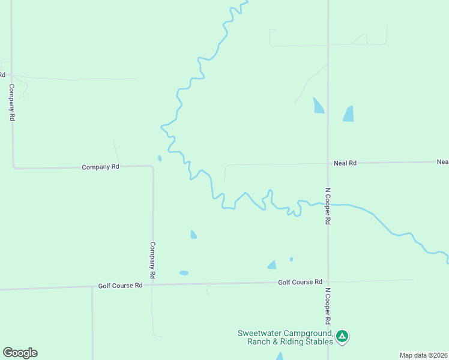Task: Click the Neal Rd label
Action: (345, 163)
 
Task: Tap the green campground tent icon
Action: (342, 336)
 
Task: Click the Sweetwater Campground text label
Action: (285, 337)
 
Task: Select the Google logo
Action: (20, 353)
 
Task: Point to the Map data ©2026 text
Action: (424, 355)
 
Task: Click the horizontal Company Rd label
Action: (100, 167)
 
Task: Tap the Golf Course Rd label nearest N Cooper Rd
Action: (300, 282)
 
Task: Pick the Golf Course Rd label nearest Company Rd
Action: (120, 286)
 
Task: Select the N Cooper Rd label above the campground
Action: (328, 306)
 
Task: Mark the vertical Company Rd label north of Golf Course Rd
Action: (152, 259)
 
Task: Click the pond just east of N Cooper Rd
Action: (349, 114)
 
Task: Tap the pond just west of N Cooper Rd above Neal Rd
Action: (318, 106)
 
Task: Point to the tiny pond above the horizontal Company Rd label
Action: (159, 158)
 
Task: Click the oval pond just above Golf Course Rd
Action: (184, 273)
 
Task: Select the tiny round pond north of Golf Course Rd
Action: (291, 259)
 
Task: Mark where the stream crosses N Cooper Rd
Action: (328, 205)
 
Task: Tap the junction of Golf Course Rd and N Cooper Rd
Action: (328, 281)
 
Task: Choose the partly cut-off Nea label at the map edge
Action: (442, 162)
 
